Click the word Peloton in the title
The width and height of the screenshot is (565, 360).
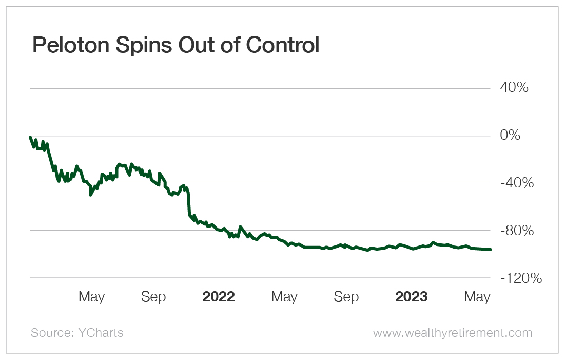(69, 46)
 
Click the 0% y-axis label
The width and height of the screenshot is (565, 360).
(511, 136)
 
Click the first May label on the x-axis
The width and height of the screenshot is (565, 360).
(91, 297)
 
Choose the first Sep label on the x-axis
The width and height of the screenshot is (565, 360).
(153, 297)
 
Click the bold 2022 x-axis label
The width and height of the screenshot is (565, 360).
(219, 297)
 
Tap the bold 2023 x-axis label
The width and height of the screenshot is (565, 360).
(412, 297)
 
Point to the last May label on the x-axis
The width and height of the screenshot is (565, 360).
(477, 297)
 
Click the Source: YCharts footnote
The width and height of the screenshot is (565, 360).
(77, 333)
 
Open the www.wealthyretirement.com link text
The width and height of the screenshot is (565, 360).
(453, 333)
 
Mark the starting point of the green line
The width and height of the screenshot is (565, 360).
(31, 138)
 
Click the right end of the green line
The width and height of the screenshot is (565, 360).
(491, 250)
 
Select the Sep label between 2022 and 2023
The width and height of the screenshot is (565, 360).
(346, 297)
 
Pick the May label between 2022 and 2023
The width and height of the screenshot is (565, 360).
(284, 297)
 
